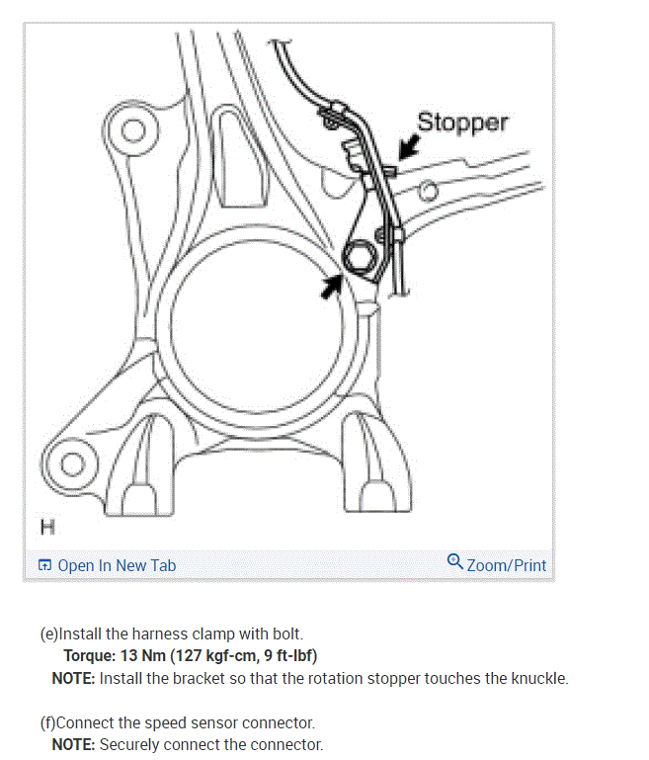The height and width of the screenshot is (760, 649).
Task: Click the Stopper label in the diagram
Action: [462, 123]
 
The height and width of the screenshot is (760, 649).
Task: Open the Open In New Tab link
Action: [117, 565]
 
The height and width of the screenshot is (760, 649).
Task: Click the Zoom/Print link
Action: [506, 565]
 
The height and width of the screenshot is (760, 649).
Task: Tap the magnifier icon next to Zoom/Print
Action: [454, 562]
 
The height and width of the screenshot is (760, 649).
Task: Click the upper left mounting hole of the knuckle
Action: [131, 129]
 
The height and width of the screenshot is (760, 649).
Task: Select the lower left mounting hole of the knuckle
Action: [73, 463]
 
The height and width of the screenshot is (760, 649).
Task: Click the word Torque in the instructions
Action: [89, 655]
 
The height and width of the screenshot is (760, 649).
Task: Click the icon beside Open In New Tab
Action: [44, 565]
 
